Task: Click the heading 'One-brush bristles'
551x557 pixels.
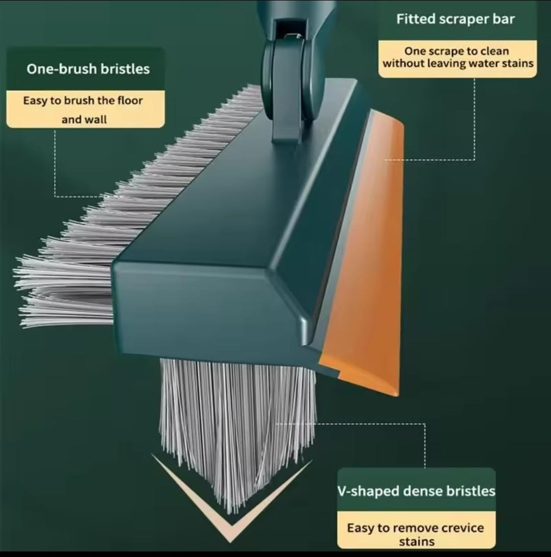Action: click(88, 69)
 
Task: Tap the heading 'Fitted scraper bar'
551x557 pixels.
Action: click(455, 20)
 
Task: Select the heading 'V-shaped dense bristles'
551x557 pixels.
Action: click(416, 491)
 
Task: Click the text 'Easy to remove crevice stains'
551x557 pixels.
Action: click(416, 534)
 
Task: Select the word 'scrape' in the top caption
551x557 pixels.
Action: click(444, 52)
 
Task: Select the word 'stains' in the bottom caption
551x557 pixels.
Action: click(416, 541)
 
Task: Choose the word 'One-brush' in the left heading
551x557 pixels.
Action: click(60, 69)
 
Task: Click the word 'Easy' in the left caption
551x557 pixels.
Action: click(34, 101)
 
